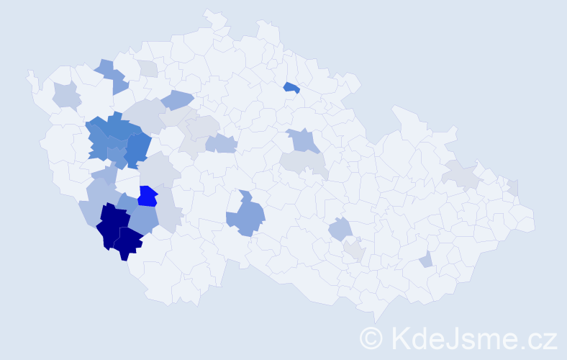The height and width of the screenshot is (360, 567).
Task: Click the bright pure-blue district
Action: pos(148,196)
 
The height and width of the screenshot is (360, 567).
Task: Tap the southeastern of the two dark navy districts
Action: pos(127,243)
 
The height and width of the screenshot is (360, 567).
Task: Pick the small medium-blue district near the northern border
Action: pos(291,88)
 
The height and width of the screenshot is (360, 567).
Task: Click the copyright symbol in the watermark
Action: pos(372,337)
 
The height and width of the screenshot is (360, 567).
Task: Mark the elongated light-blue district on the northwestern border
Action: pos(112,76)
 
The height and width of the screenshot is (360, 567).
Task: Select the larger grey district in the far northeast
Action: pos(461,174)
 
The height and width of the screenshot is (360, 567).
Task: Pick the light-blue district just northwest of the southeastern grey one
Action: pos(340,230)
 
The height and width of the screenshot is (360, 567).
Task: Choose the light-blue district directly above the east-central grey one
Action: pos(304,140)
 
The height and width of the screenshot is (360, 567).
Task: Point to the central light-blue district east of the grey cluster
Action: pos(222,143)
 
